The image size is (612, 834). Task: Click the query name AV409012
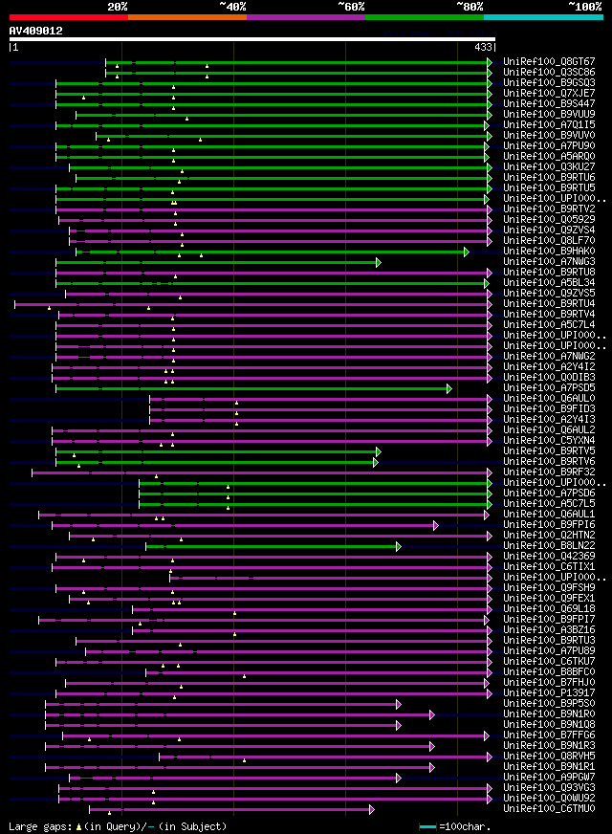pyautogui.click(x=36, y=31)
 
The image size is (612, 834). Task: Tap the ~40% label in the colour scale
pyautogui.click(x=232, y=6)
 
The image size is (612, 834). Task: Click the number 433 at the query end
pyautogui.click(x=483, y=47)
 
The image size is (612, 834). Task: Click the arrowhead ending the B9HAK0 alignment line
pyautogui.click(x=466, y=252)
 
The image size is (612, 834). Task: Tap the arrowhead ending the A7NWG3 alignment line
pyautogui.click(x=379, y=262)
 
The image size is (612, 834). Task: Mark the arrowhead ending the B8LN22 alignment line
pyautogui.click(x=398, y=546)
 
